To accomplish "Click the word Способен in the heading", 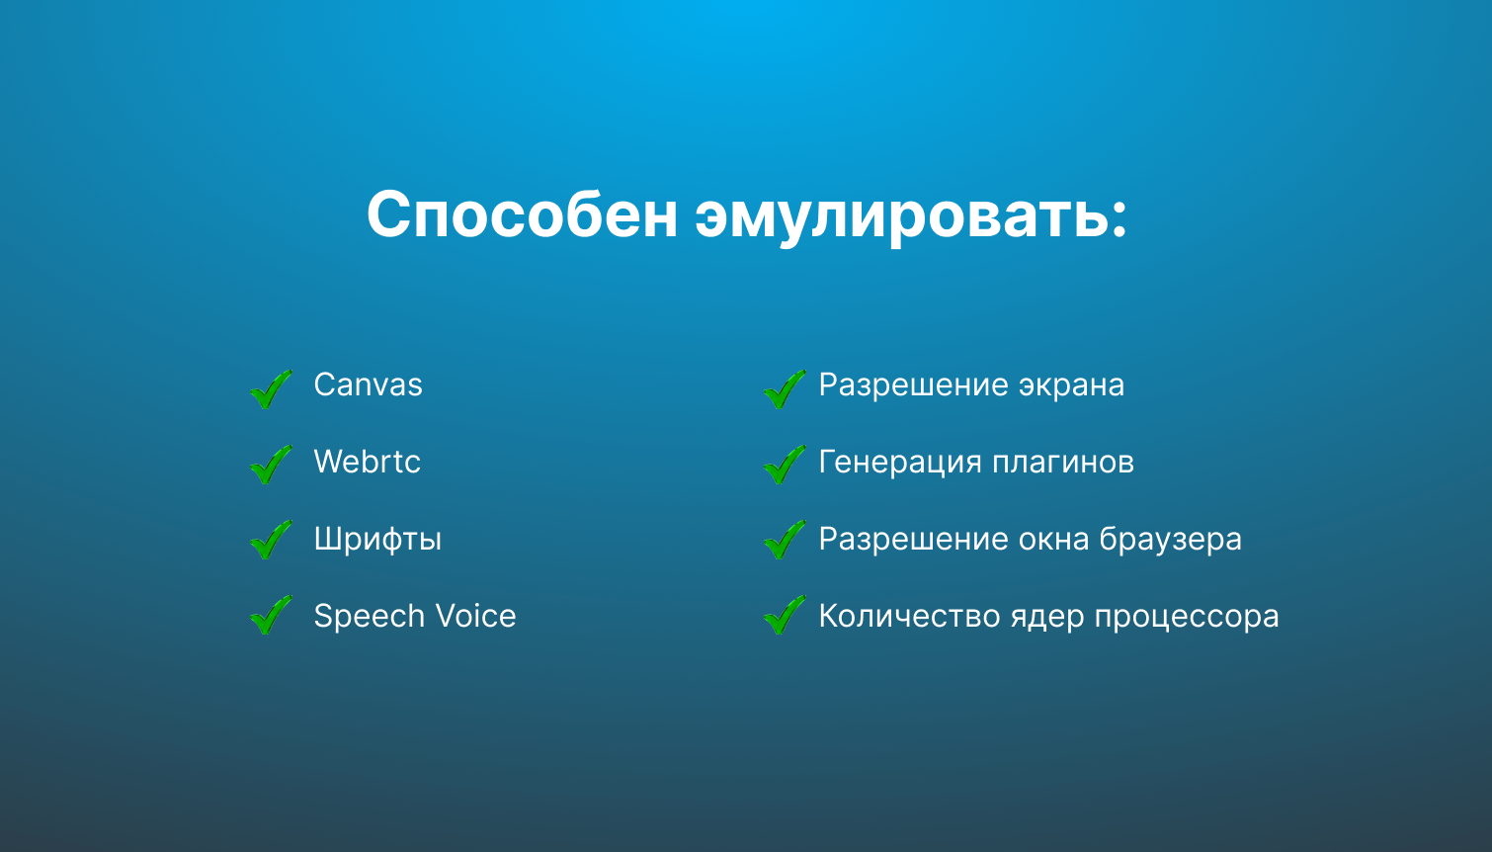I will (x=522, y=213).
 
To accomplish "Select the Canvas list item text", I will (x=368, y=384).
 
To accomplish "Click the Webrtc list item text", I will (x=367, y=462).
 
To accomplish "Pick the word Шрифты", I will (x=377, y=540).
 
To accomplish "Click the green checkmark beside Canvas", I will (x=271, y=388).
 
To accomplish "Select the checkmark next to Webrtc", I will (x=271, y=464).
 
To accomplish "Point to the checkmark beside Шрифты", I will (x=271, y=540).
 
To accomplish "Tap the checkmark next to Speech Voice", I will (x=271, y=615).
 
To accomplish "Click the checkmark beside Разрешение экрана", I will (x=785, y=388).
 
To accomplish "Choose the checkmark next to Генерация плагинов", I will (x=785, y=464).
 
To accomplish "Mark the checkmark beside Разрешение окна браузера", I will (x=785, y=540).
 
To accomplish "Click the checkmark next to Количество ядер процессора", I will (x=785, y=615).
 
